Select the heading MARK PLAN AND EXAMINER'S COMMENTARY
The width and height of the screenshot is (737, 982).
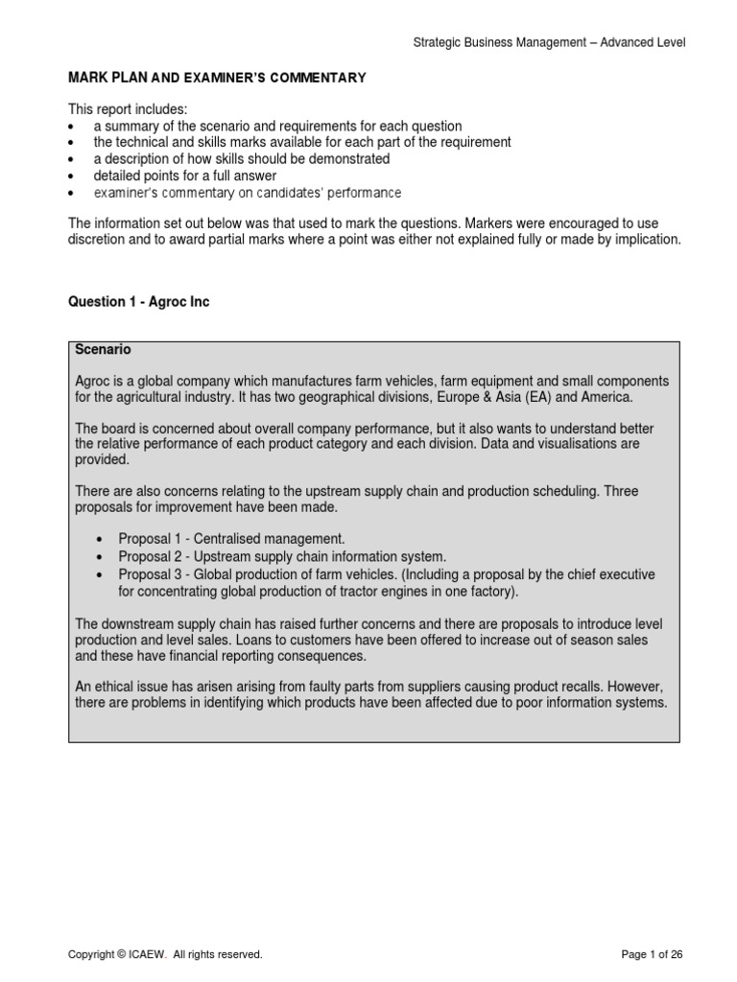216,78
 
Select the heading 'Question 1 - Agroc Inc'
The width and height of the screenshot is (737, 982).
138,302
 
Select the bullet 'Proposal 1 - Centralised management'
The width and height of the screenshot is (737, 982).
231,539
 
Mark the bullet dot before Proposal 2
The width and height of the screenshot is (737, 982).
100,557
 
